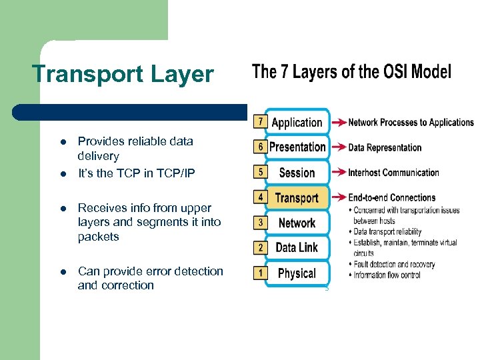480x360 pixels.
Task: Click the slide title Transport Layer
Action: click(123, 74)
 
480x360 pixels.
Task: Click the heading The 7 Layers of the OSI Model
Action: click(351, 72)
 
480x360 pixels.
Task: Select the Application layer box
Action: click(297, 123)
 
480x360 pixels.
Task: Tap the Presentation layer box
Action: click(297, 147)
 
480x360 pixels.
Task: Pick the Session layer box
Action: click(297, 173)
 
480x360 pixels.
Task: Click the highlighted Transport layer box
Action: click(297, 198)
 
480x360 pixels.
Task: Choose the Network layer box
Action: click(297, 223)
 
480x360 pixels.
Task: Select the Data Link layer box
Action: click(297, 248)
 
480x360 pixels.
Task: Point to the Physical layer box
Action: click(297, 273)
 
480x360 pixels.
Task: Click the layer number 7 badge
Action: click(259, 122)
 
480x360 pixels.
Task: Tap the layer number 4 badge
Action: click(259, 197)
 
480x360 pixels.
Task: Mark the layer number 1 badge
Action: click(259, 273)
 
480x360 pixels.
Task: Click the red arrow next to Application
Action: click(338, 123)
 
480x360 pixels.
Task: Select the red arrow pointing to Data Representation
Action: click(338, 147)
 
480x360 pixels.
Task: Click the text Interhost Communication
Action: click(393, 173)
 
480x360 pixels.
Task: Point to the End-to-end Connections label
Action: click(391, 197)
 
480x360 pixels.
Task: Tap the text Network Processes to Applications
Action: click(411, 123)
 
